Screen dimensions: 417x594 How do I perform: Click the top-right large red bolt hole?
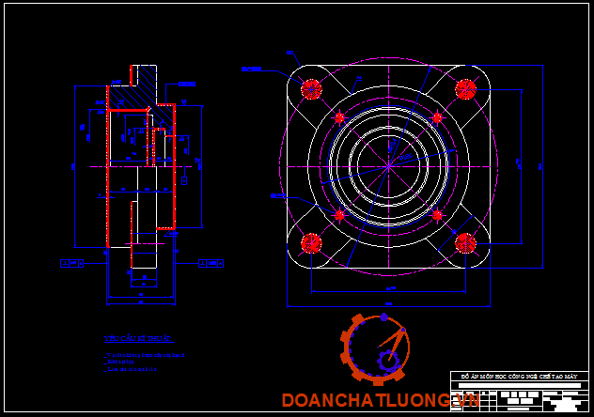click(464, 89)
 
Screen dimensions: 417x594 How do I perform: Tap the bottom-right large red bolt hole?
click(464, 242)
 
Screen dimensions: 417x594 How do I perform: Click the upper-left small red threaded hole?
click(340, 117)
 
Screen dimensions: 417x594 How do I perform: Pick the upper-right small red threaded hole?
click(436, 117)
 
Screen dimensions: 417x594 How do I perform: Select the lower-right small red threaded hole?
click(436, 214)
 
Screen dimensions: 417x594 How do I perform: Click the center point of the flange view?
click(388, 166)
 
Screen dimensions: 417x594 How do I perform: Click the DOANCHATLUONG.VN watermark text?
click(381, 401)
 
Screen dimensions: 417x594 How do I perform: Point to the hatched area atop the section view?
click(142, 81)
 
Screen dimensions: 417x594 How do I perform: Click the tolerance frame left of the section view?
click(71, 263)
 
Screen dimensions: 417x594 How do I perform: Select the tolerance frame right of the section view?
click(211, 264)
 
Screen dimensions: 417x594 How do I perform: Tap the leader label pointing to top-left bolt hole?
click(250, 69)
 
